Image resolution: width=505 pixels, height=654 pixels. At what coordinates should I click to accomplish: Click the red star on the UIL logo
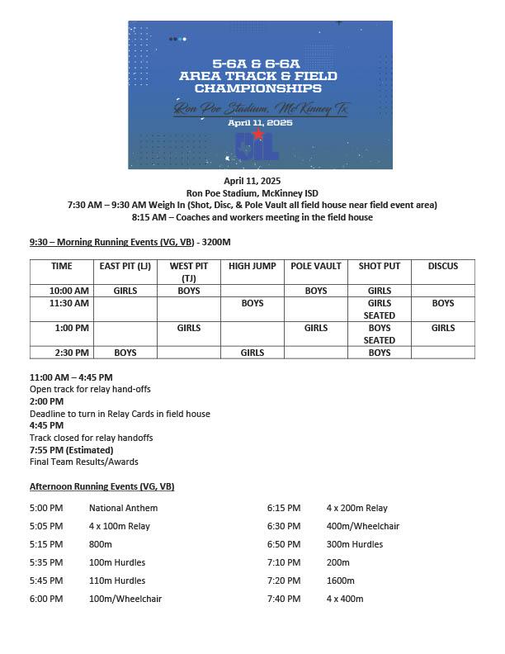258,134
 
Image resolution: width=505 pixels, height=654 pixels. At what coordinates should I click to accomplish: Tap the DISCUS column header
443,266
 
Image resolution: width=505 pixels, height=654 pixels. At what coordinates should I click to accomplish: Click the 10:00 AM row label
70,291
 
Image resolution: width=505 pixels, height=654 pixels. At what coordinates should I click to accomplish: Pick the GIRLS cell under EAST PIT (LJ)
125,291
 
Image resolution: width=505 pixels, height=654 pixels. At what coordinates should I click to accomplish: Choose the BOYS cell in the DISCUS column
443,303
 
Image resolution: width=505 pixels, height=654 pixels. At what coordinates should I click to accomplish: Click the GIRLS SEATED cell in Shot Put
380,309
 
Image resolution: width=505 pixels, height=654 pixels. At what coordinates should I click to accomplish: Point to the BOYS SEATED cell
380,334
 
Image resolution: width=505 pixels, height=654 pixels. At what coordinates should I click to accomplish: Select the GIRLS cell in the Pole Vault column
316,328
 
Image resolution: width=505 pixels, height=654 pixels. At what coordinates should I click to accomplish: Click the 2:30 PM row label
70,353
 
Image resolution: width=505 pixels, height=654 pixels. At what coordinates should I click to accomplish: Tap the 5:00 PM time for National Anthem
46,508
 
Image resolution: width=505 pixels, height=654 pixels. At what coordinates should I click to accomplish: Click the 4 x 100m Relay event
120,526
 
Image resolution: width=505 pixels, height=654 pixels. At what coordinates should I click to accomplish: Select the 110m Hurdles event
117,581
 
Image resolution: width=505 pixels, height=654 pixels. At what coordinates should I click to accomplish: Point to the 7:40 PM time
284,599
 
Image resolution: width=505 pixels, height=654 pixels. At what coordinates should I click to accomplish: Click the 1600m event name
341,581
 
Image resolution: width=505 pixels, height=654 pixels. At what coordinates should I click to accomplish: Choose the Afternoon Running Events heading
102,486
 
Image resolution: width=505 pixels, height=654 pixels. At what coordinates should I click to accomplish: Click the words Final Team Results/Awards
84,462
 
